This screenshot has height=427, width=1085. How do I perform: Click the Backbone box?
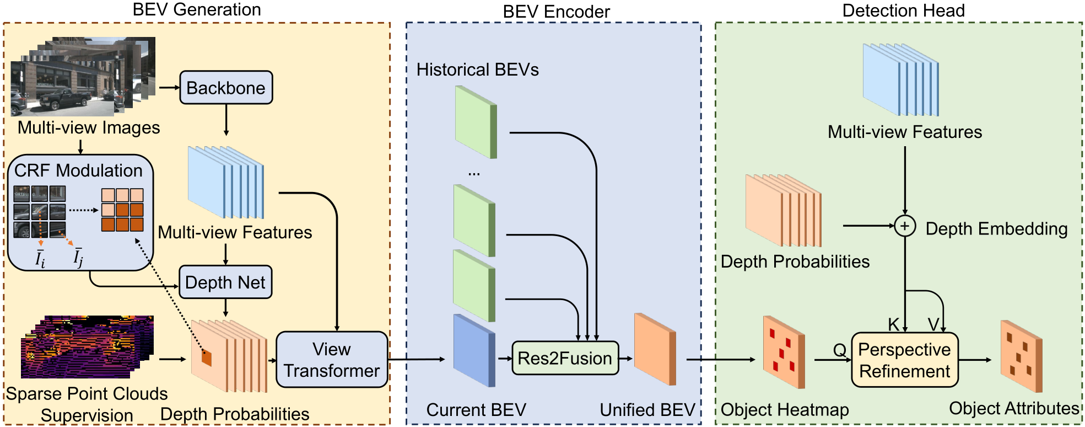pos(226,88)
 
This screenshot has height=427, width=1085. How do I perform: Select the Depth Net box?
pos(225,282)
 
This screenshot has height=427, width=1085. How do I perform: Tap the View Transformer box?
pos(332,360)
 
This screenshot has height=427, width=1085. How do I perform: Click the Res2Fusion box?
pos(565,359)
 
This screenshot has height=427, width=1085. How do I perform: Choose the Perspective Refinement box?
pos(905,360)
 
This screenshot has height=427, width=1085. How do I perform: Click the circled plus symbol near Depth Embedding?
pos(905,226)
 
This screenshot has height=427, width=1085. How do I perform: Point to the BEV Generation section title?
pos(197,9)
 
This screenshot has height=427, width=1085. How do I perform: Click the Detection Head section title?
pos(903,10)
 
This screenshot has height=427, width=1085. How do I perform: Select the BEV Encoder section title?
pos(556,12)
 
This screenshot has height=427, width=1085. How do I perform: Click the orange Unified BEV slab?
pos(655,349)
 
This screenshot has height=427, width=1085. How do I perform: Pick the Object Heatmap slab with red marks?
pos(784,353)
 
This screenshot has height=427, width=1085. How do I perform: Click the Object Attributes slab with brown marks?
pos(1021,356)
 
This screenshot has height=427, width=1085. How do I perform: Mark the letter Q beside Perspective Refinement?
pos(839,350)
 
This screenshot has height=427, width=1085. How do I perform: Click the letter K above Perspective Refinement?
pos(894,324)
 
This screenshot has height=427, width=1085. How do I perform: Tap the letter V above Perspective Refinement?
pos(933,324)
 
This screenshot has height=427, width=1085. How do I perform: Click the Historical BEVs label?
pos(477,70)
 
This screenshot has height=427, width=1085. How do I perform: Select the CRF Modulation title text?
pos(78,170)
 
